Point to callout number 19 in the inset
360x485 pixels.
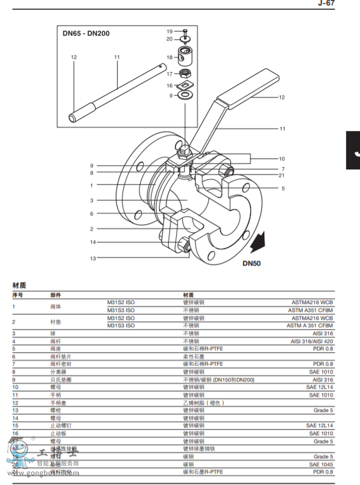pos(170,30)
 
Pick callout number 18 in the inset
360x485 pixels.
pos(170,57)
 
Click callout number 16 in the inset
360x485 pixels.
pos(170,86)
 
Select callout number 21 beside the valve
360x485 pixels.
pos(282,175)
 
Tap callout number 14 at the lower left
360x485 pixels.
pos(93,242)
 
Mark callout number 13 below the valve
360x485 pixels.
pos(93,258)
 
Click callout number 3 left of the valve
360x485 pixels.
pos(91,200)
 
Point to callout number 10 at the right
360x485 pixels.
pos(282,158)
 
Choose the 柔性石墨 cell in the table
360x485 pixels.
pos(196,356)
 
